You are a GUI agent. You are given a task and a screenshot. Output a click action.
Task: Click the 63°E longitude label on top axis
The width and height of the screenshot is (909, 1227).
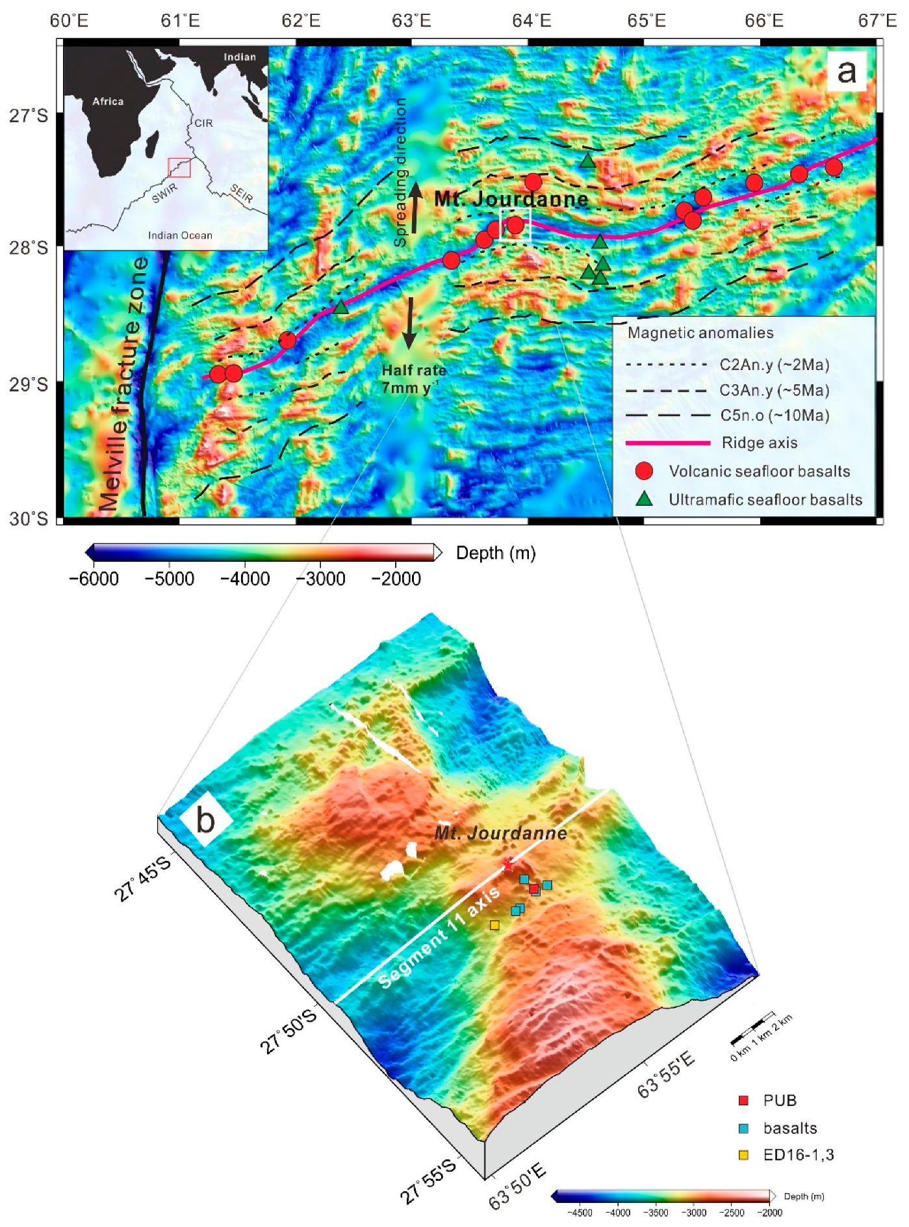411,21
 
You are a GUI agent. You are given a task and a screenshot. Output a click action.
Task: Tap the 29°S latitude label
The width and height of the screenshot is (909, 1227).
28,384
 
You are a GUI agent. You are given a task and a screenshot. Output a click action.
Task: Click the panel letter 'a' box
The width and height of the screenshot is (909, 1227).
847,71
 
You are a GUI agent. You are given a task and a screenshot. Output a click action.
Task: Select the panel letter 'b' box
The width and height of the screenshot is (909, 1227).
206,820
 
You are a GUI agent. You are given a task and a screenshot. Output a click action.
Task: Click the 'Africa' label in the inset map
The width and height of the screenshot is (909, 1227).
108,101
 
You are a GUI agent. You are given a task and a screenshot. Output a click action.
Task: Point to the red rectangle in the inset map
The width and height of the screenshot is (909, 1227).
179,167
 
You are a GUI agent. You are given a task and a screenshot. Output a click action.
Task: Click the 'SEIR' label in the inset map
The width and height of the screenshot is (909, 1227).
241,193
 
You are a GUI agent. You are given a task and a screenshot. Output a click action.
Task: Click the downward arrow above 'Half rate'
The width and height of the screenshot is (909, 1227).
409,323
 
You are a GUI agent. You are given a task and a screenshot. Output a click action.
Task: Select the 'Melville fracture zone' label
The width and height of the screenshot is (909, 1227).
123,384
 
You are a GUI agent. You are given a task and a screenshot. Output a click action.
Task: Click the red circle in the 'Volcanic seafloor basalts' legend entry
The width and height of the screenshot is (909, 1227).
644,471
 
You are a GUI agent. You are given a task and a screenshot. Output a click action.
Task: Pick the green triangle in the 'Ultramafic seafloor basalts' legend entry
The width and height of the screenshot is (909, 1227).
644,499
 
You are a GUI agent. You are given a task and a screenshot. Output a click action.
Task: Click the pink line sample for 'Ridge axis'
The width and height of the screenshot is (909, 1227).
668,443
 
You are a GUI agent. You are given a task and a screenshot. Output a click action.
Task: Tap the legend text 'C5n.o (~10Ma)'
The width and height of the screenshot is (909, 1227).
775,416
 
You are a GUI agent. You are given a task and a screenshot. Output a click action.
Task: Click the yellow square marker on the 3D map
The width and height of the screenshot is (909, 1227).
494,925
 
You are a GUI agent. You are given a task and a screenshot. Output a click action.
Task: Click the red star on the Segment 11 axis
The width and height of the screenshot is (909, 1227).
508,865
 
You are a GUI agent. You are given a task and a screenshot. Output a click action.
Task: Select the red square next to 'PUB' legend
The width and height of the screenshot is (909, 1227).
744,1100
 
